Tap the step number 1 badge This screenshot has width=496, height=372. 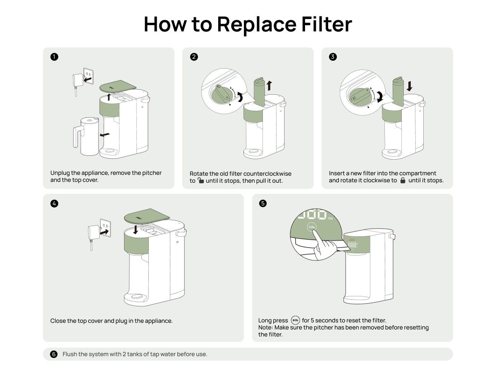pos(54,57)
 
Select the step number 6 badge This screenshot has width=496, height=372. pos(54,354)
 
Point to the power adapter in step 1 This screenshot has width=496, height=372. pos(77,80)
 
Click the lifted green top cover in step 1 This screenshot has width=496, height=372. pos(119,86)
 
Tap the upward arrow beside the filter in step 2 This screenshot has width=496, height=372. pos(269,86)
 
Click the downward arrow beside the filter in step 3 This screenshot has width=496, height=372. pos(410,86)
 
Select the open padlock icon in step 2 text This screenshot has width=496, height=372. pos(200,181)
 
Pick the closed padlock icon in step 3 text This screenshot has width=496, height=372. pos(403,181)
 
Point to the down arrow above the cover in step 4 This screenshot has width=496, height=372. pos(136,229)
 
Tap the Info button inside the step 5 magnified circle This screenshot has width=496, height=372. pos(312,227)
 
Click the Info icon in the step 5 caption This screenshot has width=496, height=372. pos(295,320)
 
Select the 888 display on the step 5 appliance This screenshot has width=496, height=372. pos(352,245)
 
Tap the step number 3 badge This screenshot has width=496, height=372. pos(333,57)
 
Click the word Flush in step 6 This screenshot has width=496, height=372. pos(70,354)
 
